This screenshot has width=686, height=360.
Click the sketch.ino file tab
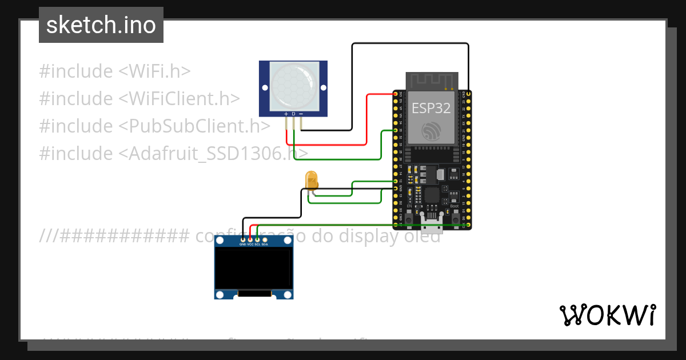(101, 25)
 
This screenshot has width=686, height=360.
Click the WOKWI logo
(607, 315)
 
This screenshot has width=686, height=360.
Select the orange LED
(312, 179)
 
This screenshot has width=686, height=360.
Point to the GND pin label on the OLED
(242, 244)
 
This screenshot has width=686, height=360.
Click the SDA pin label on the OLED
(265, 244)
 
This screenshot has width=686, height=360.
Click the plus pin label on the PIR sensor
(286, 114)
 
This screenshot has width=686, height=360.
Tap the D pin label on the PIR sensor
(293, 114)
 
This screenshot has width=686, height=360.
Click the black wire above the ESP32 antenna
(410, 43)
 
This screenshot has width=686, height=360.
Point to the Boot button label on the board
(454, 206)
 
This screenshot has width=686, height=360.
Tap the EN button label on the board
(409, 206)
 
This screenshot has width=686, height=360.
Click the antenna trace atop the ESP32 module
(432, 81)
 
